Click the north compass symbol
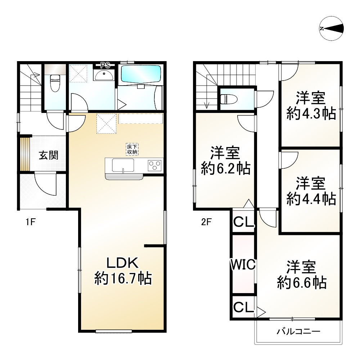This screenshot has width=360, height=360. [332, 28]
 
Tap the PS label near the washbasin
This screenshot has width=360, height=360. [105, 65]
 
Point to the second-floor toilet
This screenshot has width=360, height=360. [229, 99]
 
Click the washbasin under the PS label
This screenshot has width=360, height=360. [104, 74]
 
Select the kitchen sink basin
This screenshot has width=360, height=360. [123, 165]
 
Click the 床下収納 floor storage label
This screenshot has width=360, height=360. [132, 150]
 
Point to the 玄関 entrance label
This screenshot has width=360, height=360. [48, 155]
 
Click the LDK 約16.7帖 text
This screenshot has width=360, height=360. [123, 271]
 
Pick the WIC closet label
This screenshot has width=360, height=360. [243, 264]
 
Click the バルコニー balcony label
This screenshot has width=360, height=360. [298, 331]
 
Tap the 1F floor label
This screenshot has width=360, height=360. [30, 222]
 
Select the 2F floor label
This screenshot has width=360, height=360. [206, 222]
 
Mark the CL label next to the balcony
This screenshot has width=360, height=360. [243, 307]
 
